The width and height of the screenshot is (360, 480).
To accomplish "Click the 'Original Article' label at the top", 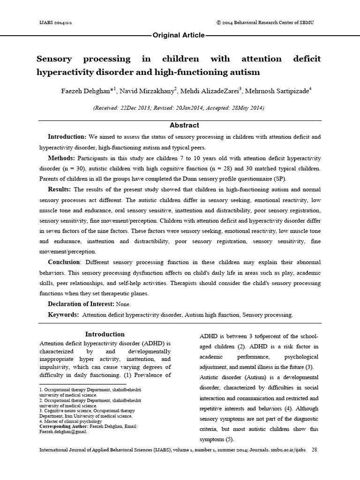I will click(179, 35).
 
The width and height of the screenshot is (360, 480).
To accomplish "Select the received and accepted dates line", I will click(179, 108).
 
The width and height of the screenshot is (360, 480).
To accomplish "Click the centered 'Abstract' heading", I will click(184, 125).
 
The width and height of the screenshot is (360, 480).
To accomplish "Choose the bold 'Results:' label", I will click(59, 189).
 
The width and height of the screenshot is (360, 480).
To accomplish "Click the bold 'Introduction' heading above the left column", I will click(105, 334).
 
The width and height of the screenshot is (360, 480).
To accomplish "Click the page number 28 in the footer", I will click(315, 450).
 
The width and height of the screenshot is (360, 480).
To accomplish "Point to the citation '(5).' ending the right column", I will click(227, 439).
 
